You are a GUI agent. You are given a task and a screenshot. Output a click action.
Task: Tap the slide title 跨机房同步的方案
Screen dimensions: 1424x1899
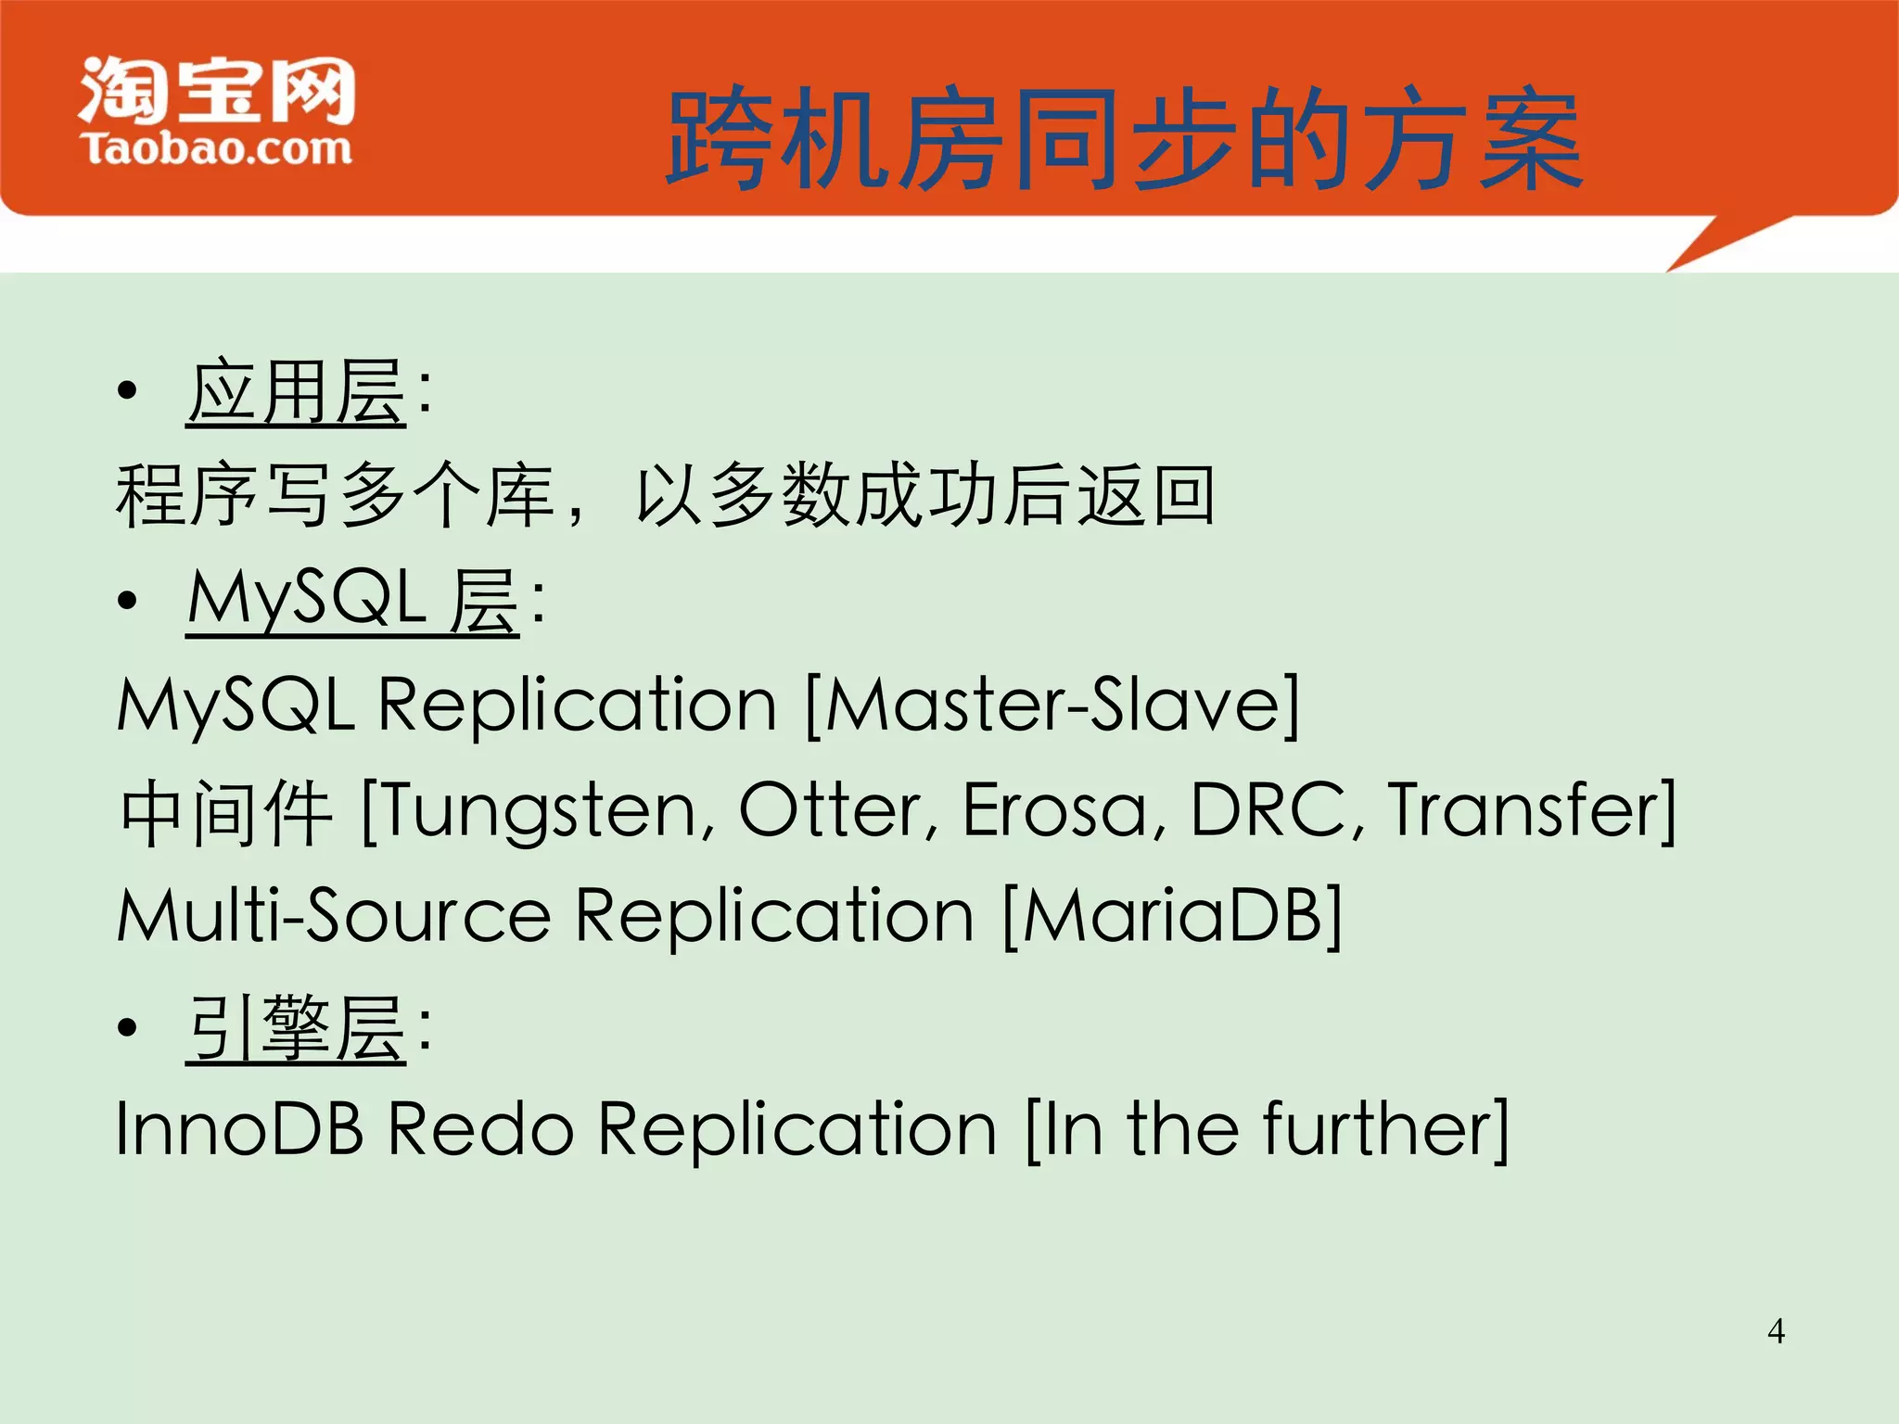[x=1124, y=139]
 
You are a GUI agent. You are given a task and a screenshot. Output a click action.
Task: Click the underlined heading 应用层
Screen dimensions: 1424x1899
[x=296, y=393]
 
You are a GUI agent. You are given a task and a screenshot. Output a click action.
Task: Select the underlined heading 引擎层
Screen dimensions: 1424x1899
[x=296, y=1028]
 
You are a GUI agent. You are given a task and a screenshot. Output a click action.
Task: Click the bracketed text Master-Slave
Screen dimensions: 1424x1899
[x=1051, y=705]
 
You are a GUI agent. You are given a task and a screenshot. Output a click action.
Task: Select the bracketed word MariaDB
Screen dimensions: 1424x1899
[x=1172, y=916]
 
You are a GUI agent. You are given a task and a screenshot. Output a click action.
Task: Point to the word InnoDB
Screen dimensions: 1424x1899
[x=239, y=1129]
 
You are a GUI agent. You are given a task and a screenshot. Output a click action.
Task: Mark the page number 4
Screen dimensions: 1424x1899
[x=1776, y=1331]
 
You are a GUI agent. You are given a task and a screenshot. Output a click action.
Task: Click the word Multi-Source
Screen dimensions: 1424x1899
[x=334, y=916]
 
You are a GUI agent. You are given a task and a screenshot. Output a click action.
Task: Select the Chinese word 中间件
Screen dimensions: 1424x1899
[x=226, y=812]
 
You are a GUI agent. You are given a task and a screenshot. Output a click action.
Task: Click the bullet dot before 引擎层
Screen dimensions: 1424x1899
[x=128, y=1028]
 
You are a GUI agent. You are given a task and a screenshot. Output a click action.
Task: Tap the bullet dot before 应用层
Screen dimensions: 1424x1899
[x=128, y=393]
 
